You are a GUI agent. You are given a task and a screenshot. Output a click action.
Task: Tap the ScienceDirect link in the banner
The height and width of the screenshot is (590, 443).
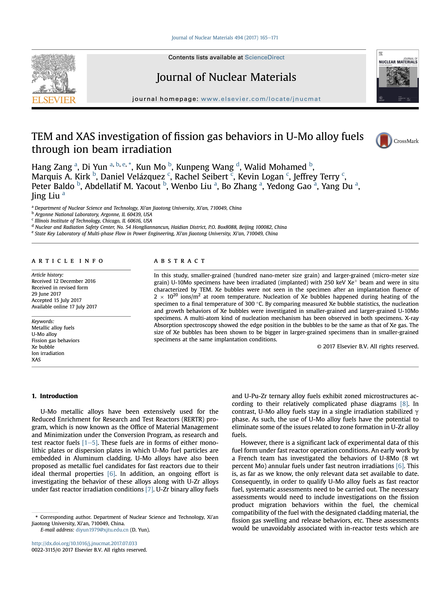pyautogui.click(x=264, y=57)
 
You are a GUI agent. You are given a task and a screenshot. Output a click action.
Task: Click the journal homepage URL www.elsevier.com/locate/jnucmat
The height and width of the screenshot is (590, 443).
pyautogui.click(x=261, y=99)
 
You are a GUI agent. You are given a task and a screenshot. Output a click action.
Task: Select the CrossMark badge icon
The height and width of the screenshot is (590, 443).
pyautogui.click(x=384, y=141)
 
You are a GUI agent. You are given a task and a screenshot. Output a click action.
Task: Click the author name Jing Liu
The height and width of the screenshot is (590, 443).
pyautogui.click(x=45, y=196)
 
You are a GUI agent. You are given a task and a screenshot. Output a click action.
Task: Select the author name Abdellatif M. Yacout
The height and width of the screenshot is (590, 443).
pyautogui.click(x=123, y=186)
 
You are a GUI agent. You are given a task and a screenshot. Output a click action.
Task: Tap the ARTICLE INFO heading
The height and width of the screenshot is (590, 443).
pyautogui.click(x=67, y=261)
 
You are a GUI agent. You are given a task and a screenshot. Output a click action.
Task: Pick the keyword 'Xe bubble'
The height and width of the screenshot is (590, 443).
pyautogui.click(x=43, y=347)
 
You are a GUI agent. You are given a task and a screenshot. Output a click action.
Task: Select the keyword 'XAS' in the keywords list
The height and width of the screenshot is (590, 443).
pyautogui.click(x=36, y=360)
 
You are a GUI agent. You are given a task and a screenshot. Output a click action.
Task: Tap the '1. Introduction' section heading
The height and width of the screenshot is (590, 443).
pyautogui.click(x=55, y=396)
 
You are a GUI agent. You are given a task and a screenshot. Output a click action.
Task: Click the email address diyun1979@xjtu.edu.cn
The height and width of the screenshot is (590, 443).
pyautogui.click(x=102, y=530)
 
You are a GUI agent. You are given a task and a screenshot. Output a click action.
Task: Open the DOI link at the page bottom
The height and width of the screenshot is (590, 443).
pyautogui.click(x=84, y=543)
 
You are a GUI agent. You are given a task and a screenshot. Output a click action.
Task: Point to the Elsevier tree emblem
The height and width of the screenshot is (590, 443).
pyautogui.click(x=53, y=73)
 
